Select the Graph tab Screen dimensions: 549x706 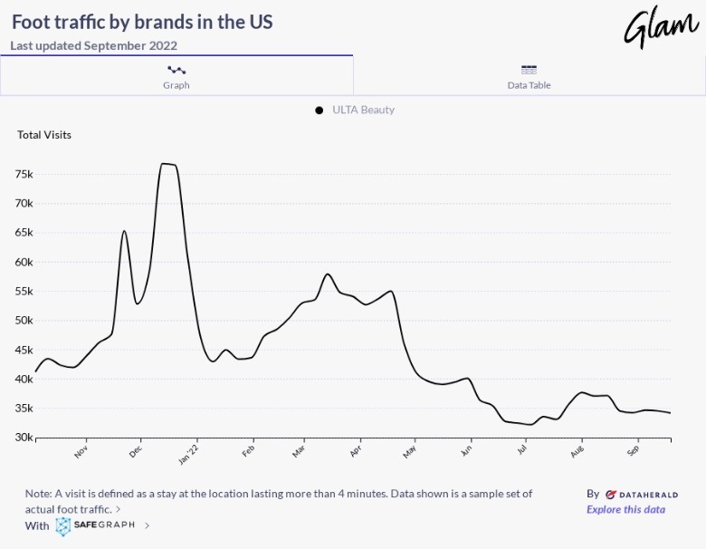point(176,75)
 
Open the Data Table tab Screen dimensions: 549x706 point(529,75)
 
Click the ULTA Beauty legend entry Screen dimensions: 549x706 point(355,110)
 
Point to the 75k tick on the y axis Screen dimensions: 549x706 point(24,174)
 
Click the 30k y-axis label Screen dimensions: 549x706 point(24,438)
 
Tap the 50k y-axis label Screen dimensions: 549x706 point(24,321)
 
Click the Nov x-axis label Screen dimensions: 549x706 point(81,449)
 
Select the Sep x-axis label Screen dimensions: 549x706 point(634,449)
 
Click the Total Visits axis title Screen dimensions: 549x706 point(44,135)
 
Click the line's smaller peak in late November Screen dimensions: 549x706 point(124,231)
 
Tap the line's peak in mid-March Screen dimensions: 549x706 point(328,274)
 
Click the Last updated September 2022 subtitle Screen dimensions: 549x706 point(94,45)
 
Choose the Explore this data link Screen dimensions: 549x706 point(625,509)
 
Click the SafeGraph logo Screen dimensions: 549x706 point(94,525)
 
